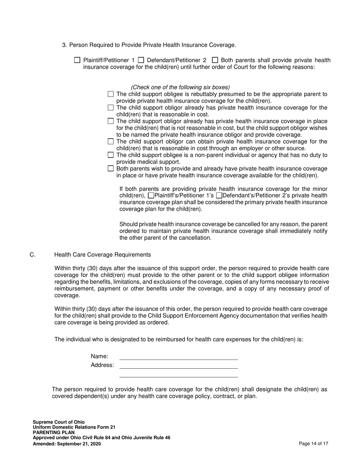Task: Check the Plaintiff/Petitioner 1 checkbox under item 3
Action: coord(77,60)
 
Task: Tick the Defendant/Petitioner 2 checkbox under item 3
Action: coord(141,60)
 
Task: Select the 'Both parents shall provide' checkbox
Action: coord(215,60)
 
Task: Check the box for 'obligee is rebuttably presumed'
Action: coord(111,94)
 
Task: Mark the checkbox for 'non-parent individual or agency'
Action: coord(111,155)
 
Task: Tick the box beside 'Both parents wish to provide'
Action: coord(111,169)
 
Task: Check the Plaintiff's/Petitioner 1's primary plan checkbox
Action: coord(151,195)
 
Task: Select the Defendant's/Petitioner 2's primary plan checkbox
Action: coord(219,195)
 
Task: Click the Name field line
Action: coord(178,357)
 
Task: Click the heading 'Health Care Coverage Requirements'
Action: coord(102,255)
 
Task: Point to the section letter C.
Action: coord(33,255)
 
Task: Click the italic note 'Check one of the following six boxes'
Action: coord(180,87)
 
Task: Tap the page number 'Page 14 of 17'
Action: coord(313,444)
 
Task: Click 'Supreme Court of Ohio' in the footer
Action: coord(59,422)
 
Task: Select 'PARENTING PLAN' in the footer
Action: coord(53,433)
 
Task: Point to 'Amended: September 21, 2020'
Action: coord(67,444)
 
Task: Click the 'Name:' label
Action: coord(100,357)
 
